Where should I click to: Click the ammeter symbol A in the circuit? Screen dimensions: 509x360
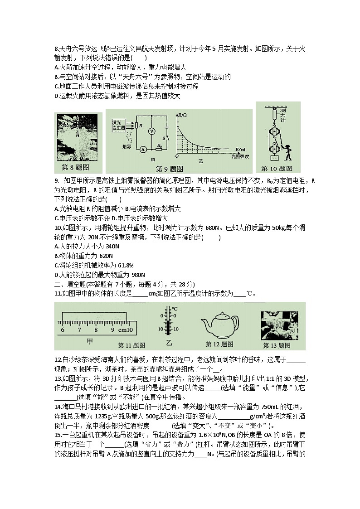(142, 148)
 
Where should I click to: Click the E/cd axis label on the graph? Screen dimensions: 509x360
(241, 149)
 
